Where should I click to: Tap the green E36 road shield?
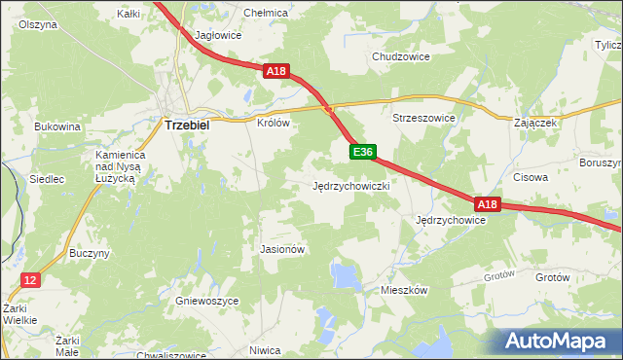click(363, 152)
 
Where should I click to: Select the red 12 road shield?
click(32, 280)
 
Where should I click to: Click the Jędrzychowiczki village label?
click(351, 184)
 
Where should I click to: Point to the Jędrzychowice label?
click(451, 220)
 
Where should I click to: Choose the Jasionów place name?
click(283, 249)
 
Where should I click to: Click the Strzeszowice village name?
click(423, 118)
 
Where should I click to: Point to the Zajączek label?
click(534, 124)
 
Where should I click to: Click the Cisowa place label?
click(531, 178)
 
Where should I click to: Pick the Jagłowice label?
click(218, 34)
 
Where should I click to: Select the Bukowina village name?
click(56, 126)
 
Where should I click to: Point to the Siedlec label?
click(47, 179)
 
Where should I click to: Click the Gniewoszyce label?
click(207, 302)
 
